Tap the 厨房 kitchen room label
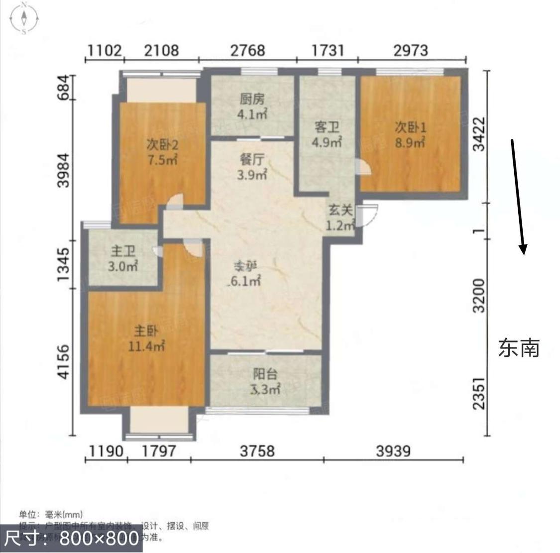point(252,99)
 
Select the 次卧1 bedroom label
point(410,127)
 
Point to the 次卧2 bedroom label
point(162,145)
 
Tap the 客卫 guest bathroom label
point(327,127)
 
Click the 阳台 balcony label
point(265,374)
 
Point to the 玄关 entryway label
point(340,211)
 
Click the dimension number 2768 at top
point(247,51)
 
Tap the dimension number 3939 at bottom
point(393,451)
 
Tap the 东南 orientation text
point(519,348)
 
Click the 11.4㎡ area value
point(146,346)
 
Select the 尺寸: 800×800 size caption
point(71,538)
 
